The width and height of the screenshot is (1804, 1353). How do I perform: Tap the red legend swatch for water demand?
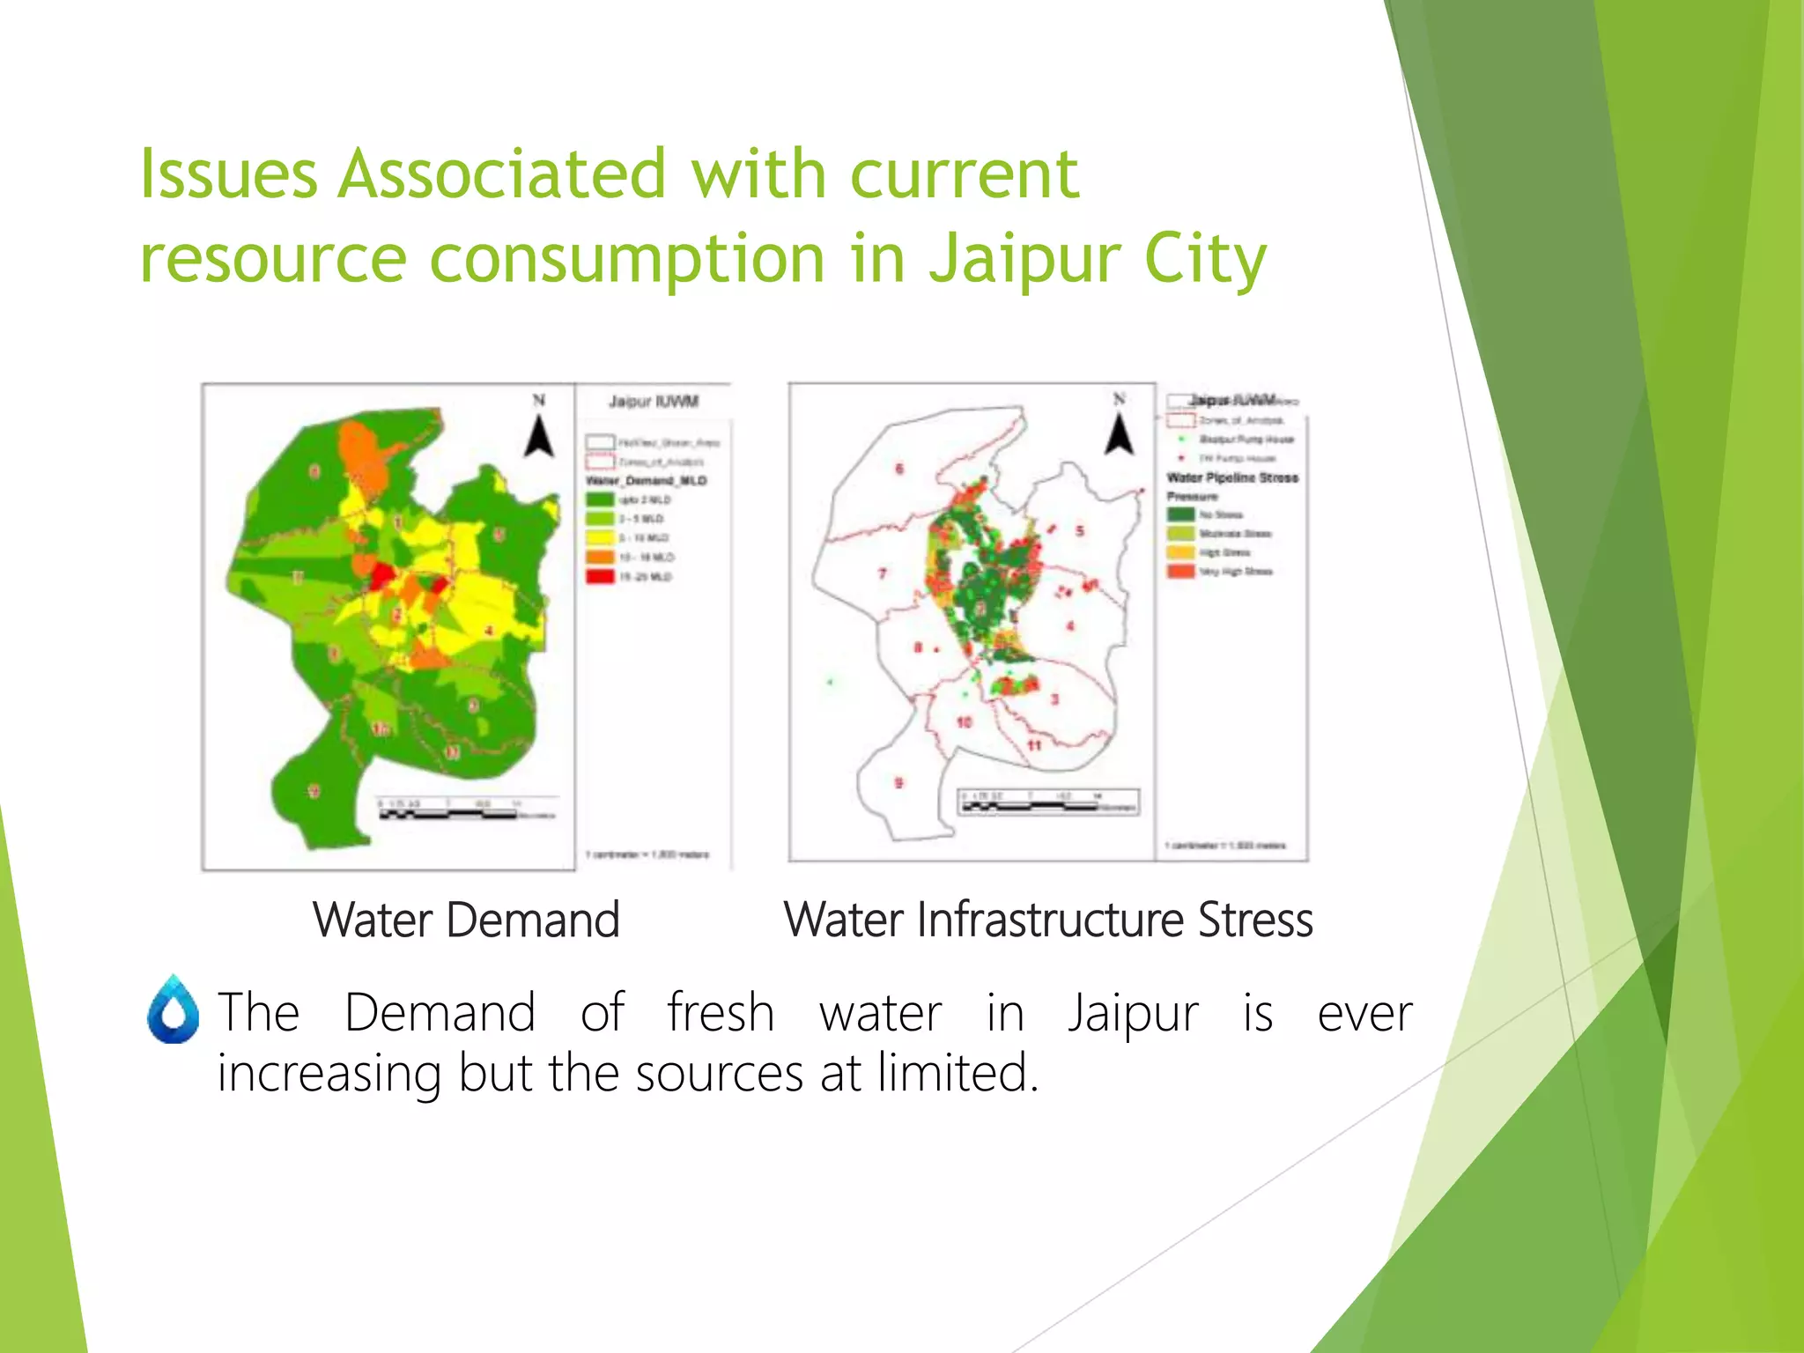[x=600, y=576]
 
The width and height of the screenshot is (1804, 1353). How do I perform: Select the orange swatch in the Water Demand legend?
[x=600, y=557]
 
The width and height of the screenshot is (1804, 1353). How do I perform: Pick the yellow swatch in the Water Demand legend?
[x=600, y=537]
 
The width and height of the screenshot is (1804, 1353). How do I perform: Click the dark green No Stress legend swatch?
[x=1180, y=514]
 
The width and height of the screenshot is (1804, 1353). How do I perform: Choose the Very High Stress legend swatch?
[x=1180, y=572]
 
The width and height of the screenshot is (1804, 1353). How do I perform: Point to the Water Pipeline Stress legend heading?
[x=1232, y=477]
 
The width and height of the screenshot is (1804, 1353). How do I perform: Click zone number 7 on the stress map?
[x=883, y=573]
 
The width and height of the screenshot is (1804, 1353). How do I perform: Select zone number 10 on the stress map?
[x=964, y=722]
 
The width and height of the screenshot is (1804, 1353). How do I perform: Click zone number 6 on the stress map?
[x=899, y=469]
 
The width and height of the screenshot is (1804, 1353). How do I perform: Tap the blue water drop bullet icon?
[x=174, y=1010]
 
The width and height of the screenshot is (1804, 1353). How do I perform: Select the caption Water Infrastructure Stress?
[x=1048, y=920]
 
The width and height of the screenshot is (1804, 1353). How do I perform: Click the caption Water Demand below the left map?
[x=466, y=920]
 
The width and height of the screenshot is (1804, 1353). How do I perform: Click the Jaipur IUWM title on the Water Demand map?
[x=654, y=402]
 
